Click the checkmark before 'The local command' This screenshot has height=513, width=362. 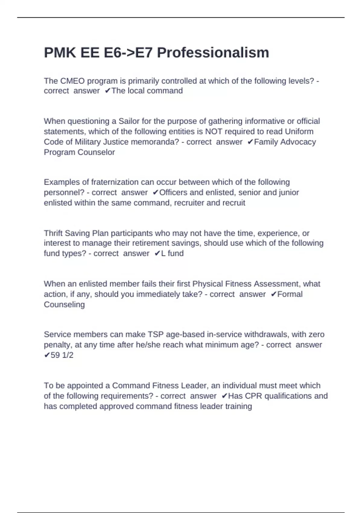107,91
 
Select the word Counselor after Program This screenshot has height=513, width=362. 96,152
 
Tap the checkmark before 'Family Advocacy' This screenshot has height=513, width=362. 250,142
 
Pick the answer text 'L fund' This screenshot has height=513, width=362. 172,253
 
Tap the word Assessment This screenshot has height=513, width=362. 277,284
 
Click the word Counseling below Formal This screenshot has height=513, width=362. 64,304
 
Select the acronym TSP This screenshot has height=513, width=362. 155,334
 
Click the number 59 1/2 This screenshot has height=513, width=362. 62,355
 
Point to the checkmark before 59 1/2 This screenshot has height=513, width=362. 47,355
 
